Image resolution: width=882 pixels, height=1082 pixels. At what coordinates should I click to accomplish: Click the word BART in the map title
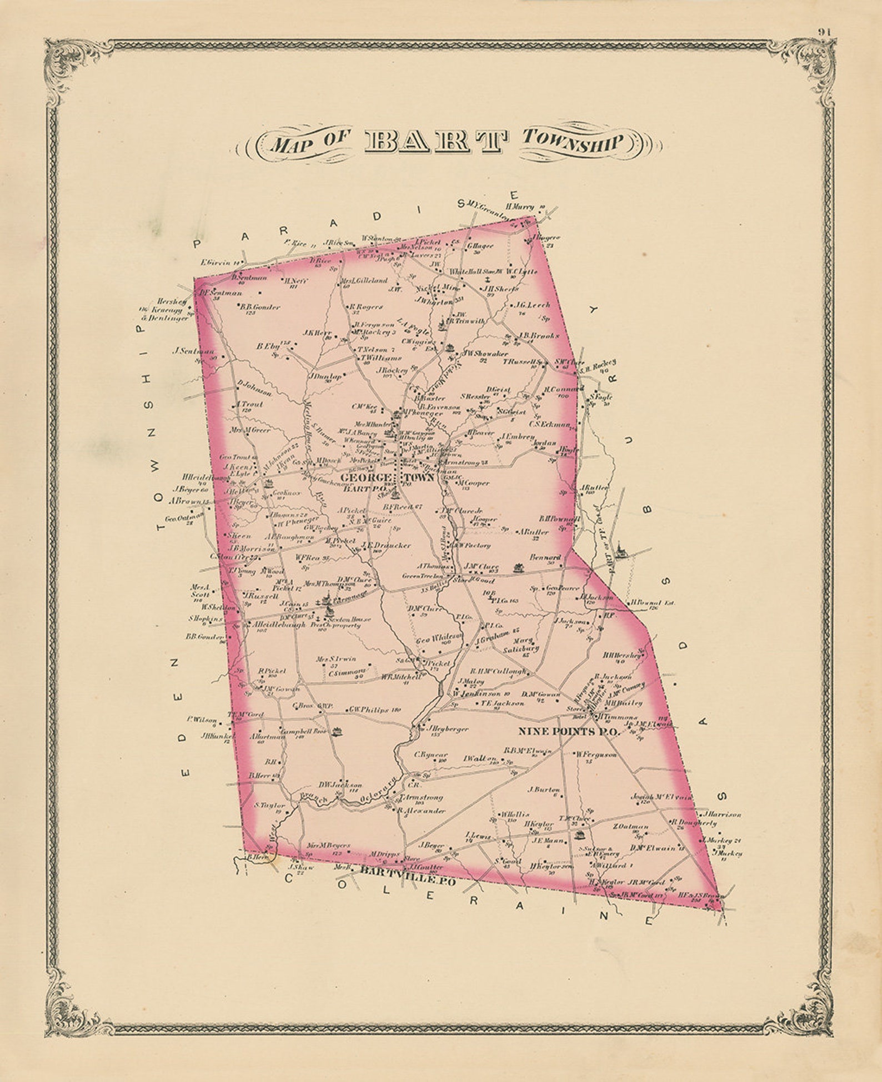coord(435,142)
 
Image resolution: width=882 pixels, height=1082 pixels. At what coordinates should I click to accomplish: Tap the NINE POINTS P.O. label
coord(568,732)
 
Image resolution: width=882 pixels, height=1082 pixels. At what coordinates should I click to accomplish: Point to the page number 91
coord(824,32)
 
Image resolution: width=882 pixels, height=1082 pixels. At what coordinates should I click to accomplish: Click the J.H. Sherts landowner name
coord(500,289)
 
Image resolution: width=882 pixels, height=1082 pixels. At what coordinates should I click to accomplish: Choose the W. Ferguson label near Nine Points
coord(595,754)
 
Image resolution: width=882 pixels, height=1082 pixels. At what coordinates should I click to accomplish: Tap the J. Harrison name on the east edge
coord(721,814)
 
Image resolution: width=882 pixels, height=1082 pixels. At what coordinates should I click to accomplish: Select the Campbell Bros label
coord(303,732)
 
